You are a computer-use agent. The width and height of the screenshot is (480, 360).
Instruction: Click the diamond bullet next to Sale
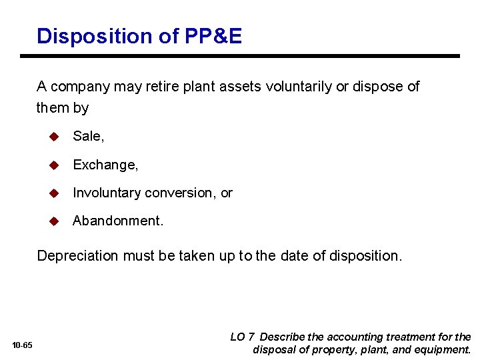tap(55, 136)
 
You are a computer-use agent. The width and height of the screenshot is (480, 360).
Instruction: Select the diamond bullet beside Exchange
tap(55, 165)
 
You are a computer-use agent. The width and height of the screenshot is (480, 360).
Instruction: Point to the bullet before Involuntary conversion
tap(55, 193)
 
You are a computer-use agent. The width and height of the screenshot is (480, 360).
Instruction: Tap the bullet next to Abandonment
tap(55, 221)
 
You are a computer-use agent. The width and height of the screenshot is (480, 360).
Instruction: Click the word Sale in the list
tap(87, 136)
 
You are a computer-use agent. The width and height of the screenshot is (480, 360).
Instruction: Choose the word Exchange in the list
tap(104, 165)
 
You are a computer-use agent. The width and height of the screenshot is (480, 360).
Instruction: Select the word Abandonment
tap(117, 221)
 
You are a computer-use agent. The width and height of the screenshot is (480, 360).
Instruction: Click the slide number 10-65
tap(22, 345)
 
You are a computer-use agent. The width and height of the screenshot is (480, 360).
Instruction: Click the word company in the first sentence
tap(80, 87)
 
